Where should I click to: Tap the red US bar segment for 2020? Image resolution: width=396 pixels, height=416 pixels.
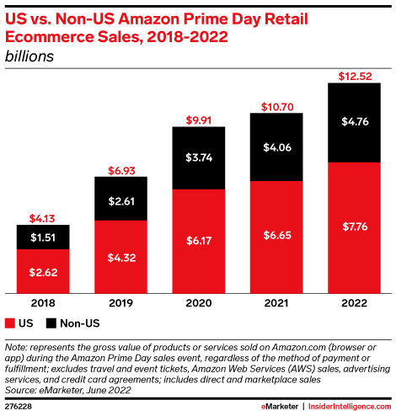[x=199, y=240]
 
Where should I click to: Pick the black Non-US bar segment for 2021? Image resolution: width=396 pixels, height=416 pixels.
[x=276, y=147]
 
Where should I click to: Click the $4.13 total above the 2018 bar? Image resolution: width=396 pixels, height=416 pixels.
[x=42, y=218]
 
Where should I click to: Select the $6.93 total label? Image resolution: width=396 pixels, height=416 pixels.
[x=121, y=171]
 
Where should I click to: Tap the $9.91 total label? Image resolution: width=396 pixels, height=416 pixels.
[x=199, y=120]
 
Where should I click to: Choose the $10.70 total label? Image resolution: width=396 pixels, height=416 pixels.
[x=276, y=106]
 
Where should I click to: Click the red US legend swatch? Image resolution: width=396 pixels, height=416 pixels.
[x=10, y=323]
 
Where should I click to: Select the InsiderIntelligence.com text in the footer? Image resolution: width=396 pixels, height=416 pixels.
[x=355, y=407]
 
